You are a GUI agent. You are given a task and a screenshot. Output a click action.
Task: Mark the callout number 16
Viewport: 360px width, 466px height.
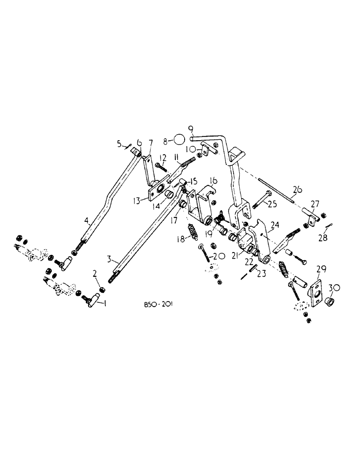pos(213,181)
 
